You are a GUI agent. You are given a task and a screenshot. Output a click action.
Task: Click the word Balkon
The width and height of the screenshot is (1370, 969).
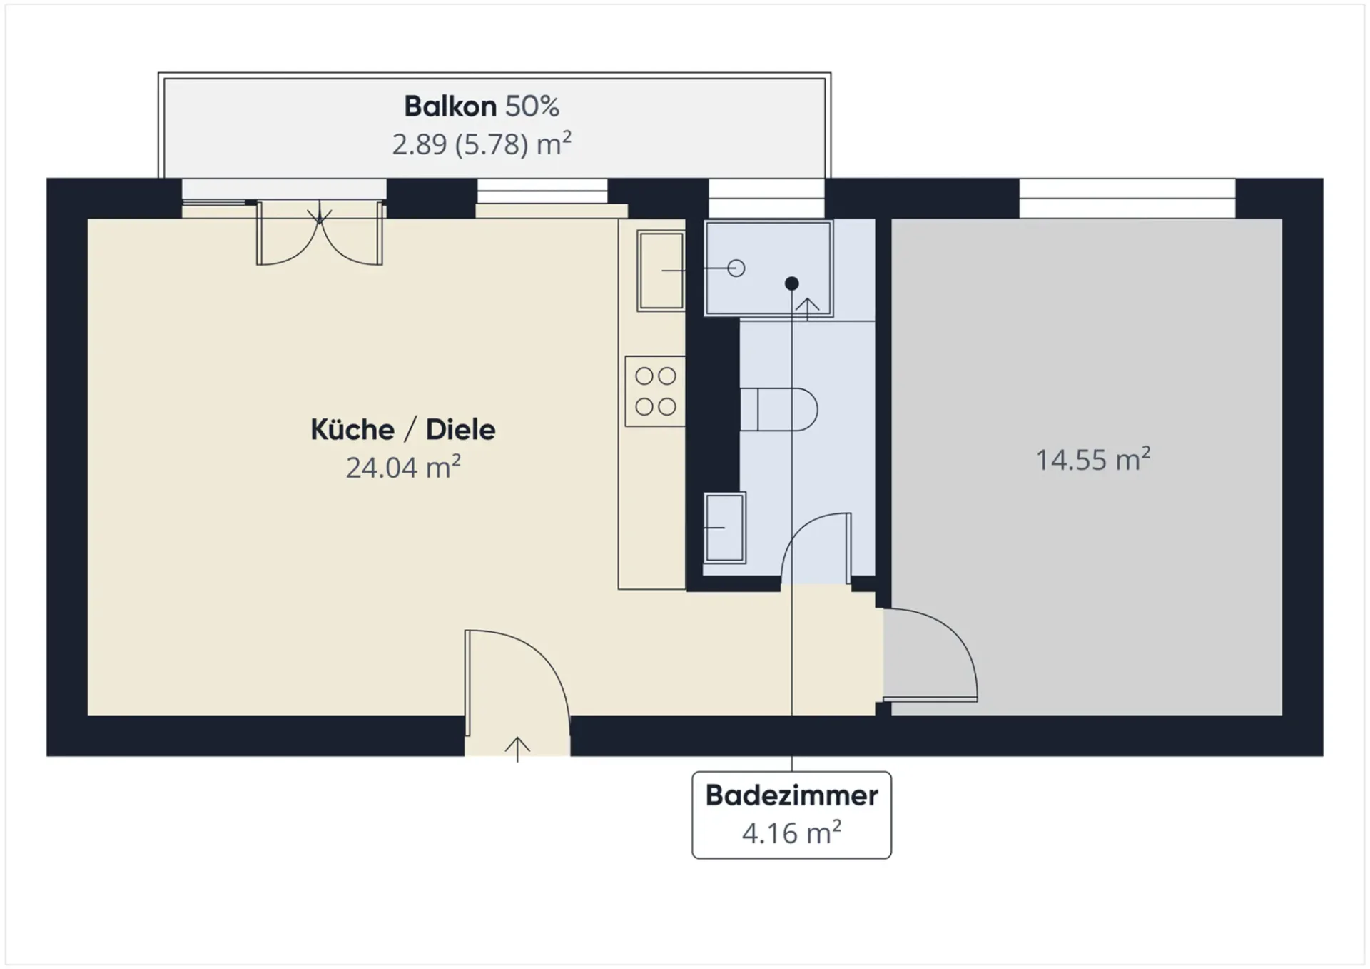click(x=450, y=106)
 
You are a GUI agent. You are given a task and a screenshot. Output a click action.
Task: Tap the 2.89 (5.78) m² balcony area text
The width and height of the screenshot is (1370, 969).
click(x=482, y=144)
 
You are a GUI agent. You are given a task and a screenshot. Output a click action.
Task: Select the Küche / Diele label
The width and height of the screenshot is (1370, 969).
click(x=403, y=429)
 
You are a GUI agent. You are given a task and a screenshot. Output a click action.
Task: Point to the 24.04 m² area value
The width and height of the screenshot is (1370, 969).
click(x=403, y=467)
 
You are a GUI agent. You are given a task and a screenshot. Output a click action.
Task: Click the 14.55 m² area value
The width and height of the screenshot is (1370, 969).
click(x=1092, y=459)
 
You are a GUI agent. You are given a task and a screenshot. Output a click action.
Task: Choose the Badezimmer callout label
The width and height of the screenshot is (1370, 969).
click(x=791, y=795)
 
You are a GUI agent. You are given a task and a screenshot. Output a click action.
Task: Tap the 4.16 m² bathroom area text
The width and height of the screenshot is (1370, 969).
click(x=791, y=833)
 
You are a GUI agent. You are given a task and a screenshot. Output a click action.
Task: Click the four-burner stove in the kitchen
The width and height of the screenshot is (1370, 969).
click(x=655, y=391)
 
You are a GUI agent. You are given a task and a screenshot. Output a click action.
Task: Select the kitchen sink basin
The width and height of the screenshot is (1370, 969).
click(x=661, y=270)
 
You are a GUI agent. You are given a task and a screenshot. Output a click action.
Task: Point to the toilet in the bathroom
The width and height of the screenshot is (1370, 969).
click(x=778, y=409)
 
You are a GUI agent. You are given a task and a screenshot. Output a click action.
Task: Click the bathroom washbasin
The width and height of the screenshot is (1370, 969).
click(x=725, y=528)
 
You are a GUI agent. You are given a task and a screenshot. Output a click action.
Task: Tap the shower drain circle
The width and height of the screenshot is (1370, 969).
click(x=736, y=268)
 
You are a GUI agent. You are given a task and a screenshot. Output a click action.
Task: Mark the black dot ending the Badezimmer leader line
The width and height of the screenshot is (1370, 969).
click(x=791, y=283)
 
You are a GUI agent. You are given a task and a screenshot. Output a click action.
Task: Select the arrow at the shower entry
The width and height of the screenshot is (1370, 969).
click(x=807, y=309)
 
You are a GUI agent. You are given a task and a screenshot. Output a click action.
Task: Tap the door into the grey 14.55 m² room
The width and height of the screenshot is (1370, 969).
click(x=930, y=654)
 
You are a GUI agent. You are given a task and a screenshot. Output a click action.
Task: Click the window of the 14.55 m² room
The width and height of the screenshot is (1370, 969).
click(x=1127, y=198)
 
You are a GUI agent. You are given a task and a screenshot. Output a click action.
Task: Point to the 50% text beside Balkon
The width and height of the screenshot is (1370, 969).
click(x=532, y=106)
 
